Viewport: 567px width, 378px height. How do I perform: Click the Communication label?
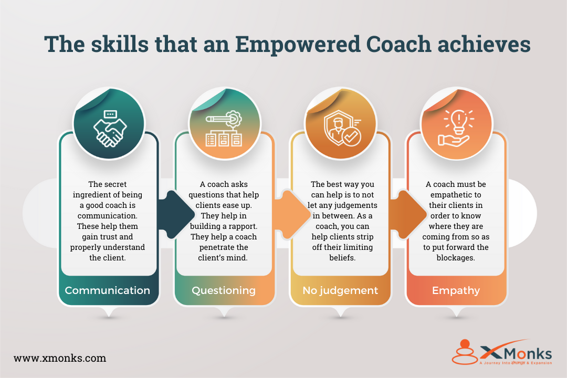click(x=107, y=290)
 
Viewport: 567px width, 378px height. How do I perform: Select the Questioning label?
click(x=224, y=290)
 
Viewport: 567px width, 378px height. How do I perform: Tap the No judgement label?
click(x=340, y=290)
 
